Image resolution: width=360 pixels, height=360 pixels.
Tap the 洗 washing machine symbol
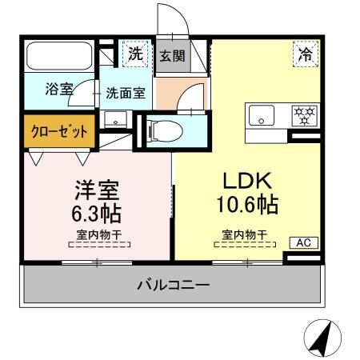pyautogui.click(x=136, y=54)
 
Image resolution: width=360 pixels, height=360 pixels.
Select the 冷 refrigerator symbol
pyautogui.click(x=306, y=55)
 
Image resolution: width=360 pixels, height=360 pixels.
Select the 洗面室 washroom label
pyautogui.click(x=126, y=91)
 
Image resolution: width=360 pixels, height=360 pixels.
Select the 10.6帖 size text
pyautogui.click(x=246, y=205)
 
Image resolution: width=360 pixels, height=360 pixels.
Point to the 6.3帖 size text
pyautogui.click(x=98, y=214)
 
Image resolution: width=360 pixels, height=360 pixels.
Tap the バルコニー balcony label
pyautogui.click(x=174, y=286)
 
